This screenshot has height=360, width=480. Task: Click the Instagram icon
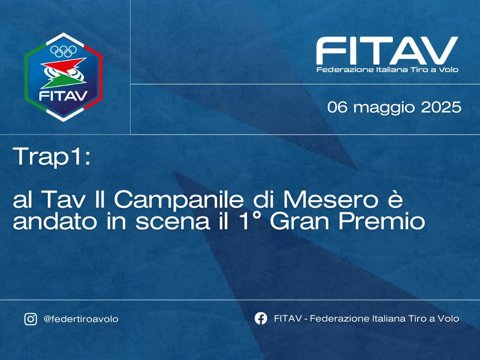click(x=30, y=319)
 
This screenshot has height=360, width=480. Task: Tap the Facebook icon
click(x=261, y=318)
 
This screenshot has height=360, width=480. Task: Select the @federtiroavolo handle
click(x=81, y=319)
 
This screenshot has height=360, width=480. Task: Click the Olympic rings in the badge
click(x=63, y=52)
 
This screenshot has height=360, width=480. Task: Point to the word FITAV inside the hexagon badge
click(x=63, y=96)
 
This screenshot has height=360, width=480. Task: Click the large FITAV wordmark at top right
click(x=387, y=50)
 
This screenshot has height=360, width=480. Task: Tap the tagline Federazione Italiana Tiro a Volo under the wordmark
click(x=387, y=70)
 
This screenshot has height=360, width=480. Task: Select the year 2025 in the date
click(x=441, y=107)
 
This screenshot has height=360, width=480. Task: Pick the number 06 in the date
click(x=337, y=107)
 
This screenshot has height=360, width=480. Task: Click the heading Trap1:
click(x=52, y=157)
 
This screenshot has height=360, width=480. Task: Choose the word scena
click(x=172, y=223)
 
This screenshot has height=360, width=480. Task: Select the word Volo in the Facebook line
click(x=449, y=319)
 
